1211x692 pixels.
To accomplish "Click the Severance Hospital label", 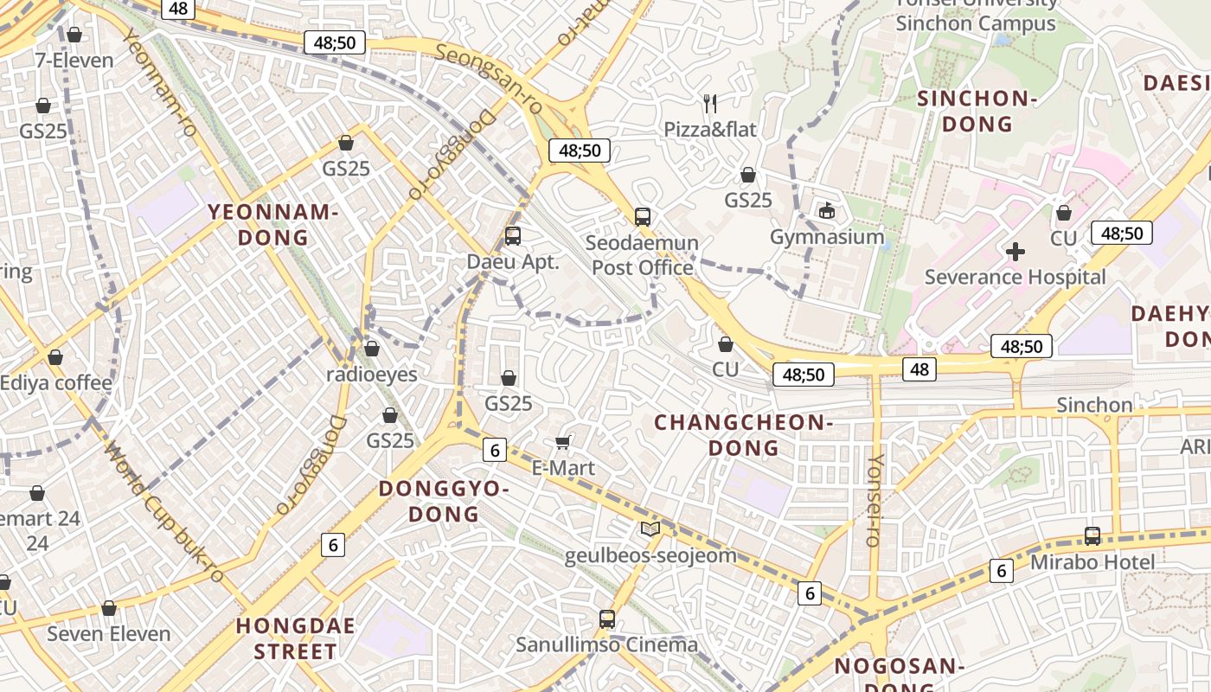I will tap(1015, 277).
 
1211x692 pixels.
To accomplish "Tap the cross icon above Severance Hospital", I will tap(1016, 252).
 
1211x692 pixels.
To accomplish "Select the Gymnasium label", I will tap(827, 237).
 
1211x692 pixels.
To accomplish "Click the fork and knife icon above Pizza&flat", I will tap(710, 104).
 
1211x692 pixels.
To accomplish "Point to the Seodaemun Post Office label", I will tap(642, 255).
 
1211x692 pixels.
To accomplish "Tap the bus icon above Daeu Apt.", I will tap(513, 235).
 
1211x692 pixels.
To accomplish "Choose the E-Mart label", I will tap(562, 468).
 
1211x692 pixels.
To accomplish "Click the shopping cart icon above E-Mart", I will tap(562, 443).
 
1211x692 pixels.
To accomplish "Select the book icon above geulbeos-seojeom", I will tap(650, 529).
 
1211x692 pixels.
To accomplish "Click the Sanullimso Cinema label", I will tap(606, 644).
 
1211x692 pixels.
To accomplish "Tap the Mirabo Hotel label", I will tap(1092, 562).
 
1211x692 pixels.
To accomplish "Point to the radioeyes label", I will tap(371, 375).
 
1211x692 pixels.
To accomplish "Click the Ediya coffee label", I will tap(56, 382).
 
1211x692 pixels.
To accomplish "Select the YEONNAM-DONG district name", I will tap(272, 225).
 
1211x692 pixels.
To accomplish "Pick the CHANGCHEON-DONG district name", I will tap(743, 435).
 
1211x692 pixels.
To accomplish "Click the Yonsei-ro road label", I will tap(875, 500).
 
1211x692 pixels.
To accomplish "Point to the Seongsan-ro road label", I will tap(489, 79).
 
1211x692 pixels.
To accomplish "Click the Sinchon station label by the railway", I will tap(1094, 405).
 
